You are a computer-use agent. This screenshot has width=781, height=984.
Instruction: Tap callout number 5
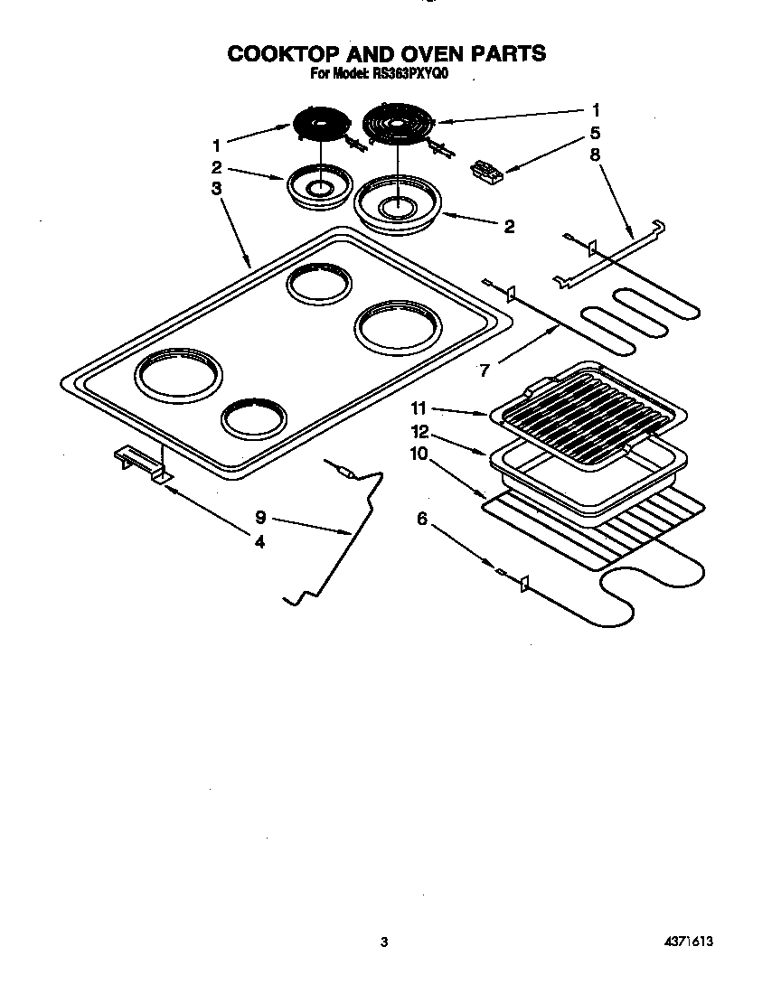click(x=595, y=133)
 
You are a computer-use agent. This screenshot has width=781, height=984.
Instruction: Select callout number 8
click(x=595, y=154)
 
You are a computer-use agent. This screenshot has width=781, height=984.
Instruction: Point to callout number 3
click(x=216, y=189)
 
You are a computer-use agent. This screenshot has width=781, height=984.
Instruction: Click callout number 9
click(x=260, y=518)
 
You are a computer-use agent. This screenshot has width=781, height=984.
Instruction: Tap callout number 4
click(x=259, y=542)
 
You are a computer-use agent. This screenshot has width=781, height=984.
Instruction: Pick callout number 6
click(x=421, y=517)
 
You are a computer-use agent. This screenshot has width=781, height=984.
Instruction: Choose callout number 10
click(x=419, y=454)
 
